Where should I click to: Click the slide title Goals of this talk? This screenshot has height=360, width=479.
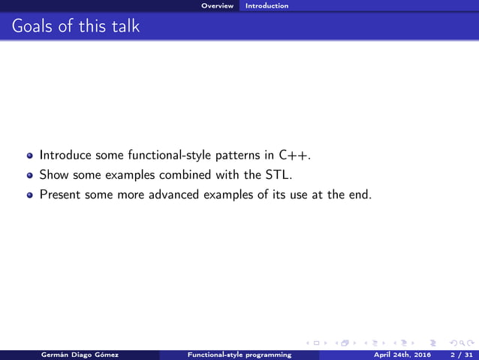(x=75, y=27)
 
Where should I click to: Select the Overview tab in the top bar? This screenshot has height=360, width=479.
(x=217, y=6)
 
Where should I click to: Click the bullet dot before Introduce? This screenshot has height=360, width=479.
(x=30, y=156)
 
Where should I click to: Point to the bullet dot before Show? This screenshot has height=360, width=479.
(x=30, y=176)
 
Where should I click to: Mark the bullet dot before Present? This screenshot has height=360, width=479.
(x=30, y=195)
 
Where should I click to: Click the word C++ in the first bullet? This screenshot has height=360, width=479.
(x=293, y=156)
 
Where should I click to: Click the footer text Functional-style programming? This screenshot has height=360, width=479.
(x=239, y=355)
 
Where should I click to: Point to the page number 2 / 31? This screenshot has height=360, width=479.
(x=456, y=355)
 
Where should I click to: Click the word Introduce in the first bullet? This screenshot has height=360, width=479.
(x=65, y=156)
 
